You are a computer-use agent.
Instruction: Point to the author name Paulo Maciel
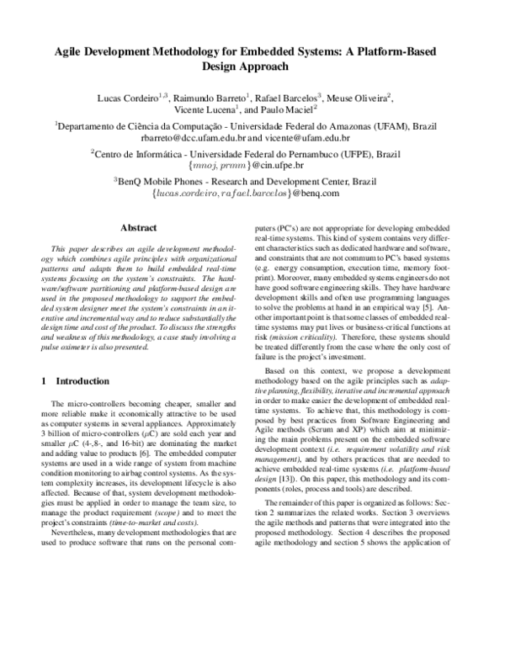285,109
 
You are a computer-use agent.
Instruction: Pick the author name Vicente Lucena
205,109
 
